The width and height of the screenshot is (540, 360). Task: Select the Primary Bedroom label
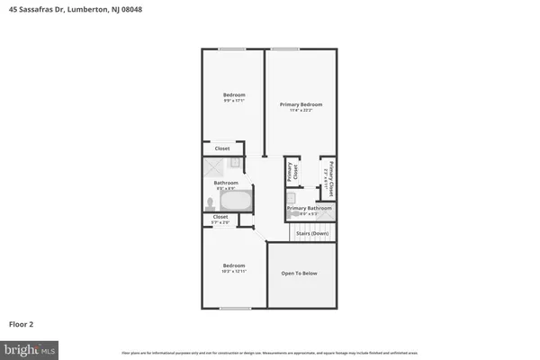pos(301,104)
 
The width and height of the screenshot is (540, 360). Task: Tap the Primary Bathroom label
pos(309,208)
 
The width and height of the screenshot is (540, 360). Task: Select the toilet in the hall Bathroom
pos(209,202)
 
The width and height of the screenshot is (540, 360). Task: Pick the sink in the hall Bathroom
pos(236,163)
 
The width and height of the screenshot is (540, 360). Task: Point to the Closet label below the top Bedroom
pos(221,148)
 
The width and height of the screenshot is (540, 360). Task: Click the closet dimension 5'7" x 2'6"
pos(220,221)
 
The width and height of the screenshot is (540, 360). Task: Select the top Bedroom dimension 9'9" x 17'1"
pos(234,100)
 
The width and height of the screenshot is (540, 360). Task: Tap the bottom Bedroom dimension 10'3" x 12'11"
pos(234,271)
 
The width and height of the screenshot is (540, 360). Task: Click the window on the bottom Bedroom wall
pos(234,309)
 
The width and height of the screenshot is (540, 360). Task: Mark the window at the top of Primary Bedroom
pos(285,49)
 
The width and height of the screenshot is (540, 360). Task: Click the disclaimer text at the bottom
pos(270,351)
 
